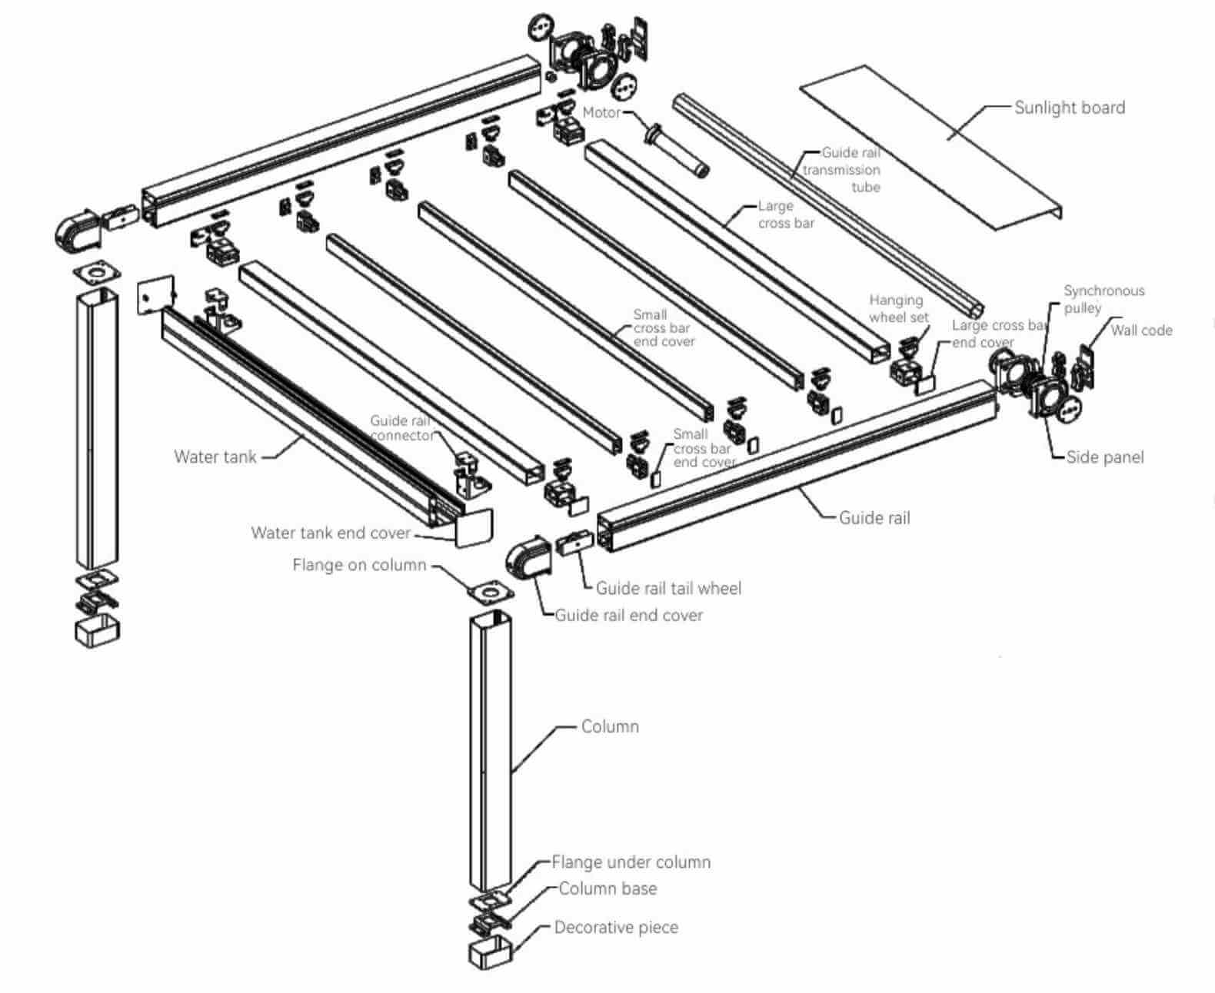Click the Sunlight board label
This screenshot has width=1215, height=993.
tap(1069, 108)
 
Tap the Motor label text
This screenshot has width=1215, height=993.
tap(601, 112)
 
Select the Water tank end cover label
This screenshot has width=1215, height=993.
tap(331, 533)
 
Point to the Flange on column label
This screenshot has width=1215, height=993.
tap(359, 565)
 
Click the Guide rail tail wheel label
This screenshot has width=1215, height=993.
tap(668, 589)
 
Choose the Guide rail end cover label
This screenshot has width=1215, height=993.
tap(628, 615)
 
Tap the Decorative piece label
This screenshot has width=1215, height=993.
tap(616, 928)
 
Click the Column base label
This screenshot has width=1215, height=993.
tap(607, 888)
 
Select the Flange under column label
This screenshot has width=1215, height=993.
tap(631, 862)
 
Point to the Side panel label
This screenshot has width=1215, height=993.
tap(1104, 457)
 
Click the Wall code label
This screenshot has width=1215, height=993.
tap(1141, 330)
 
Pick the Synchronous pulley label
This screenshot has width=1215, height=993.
tap(1103, 299)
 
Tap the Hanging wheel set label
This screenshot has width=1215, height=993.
tap(898, 308)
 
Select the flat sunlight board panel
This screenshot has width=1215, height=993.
tap(930, 146)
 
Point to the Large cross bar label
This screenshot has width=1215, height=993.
tap(785, 214)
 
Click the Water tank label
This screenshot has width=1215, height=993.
tap(215, 457)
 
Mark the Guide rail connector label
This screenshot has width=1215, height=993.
tap(401, 428)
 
